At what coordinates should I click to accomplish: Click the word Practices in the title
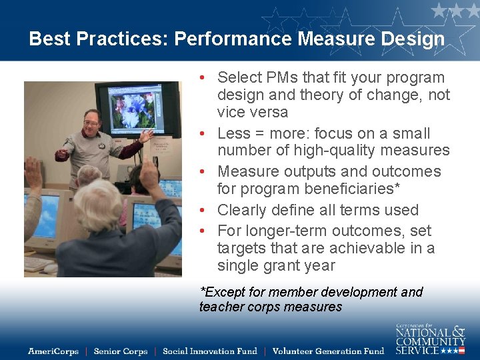point(122,39)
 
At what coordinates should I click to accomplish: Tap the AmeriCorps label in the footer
point(53,351)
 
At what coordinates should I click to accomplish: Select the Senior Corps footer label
point(121,351)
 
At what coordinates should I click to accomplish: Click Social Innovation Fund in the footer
point(209,351)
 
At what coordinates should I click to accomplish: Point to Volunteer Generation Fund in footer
point(328,351)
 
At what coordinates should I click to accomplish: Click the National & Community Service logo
point(430,339)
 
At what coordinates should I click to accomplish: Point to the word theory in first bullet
point(312,95)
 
